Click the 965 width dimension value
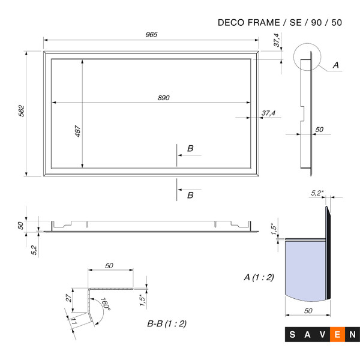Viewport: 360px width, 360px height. (152, 34)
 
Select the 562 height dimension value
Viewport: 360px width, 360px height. (21, 111)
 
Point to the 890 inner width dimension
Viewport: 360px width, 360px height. (163, 98)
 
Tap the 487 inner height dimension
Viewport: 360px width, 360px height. (77, 131)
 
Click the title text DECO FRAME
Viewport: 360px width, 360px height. (249, 23)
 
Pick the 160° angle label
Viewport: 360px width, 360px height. (106, 304)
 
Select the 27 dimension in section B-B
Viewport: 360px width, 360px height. (68, 298)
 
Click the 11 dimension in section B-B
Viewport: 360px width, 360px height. (74, 321)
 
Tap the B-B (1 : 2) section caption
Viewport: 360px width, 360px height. (167, 323)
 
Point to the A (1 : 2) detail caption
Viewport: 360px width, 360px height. (259, 277)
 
